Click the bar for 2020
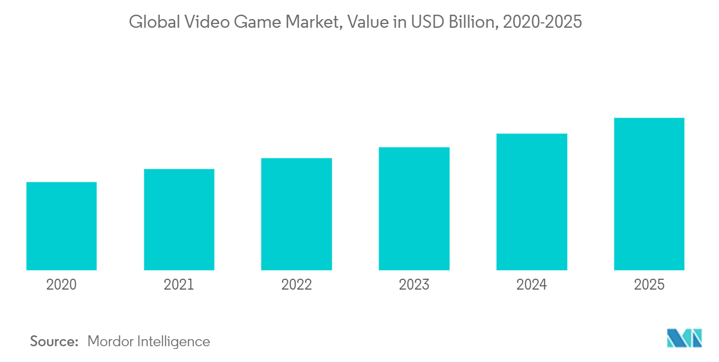coord(62,226)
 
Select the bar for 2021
coord(179,219)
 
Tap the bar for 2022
coord(296,214)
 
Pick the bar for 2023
coord(414,208)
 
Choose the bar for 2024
coord(532,201)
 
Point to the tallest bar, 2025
coord(649,194)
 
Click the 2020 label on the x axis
coord(62,285)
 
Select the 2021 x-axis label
coord(179,285)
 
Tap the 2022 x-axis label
coord(296,285)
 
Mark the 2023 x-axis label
coord(414,285)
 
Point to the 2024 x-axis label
coord(532,285)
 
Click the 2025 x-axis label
coord(649,285)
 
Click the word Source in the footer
coord(54,341)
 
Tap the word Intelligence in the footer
coord(175,341)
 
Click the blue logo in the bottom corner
coord(685,338)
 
